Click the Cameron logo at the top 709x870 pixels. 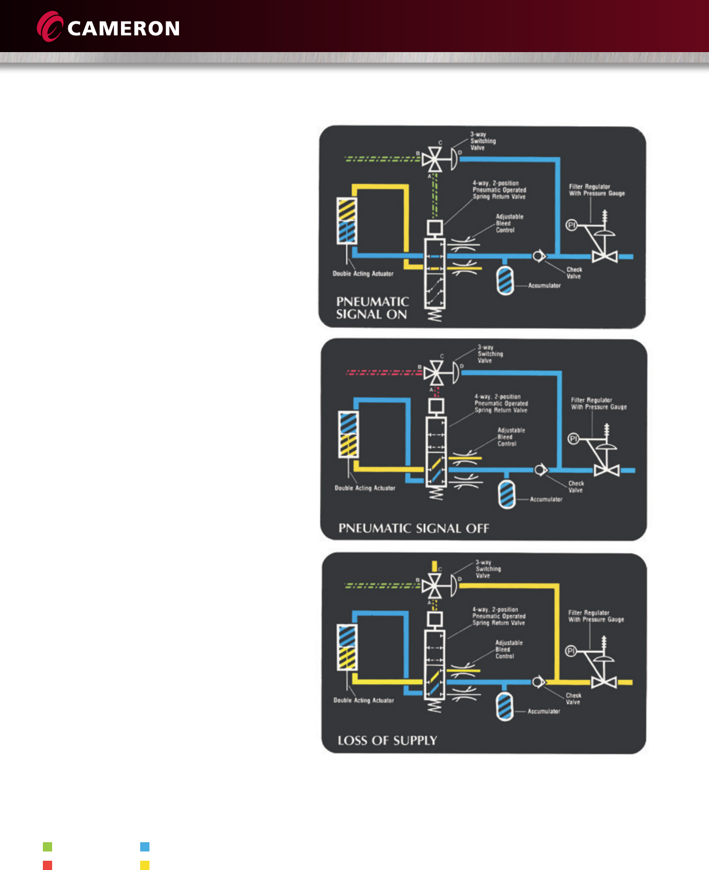(x=109, y=27)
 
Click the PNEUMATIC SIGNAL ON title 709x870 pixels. (x=372, y=308)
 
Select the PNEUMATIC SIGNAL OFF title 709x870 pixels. (x=414, y=528)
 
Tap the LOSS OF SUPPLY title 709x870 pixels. (x=387, y=740)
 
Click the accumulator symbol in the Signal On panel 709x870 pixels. (x=505, y=280)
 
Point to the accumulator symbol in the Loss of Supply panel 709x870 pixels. (x=505, y=706)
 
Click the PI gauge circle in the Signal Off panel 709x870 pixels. (x=573, y=439)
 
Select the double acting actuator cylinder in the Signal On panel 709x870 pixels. (x=346, y=221)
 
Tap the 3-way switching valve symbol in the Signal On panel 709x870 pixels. (x=432, y=159)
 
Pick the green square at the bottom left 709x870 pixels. (x=47, y=847)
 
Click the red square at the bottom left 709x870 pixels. (x=47, y=865)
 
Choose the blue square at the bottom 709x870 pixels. (x=145, y=847)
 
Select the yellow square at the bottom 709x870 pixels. (x=145, y=865)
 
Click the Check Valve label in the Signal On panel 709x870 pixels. (x=574, y=273)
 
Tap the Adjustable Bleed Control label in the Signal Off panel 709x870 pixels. (x=511, y=437)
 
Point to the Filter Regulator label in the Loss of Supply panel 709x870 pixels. (x=595, y=616)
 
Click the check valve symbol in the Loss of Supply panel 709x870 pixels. (x=538, y=682)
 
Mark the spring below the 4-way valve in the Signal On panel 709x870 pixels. (x=434, y=315)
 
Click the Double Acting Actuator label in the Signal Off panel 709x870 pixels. (x=365, y=488)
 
